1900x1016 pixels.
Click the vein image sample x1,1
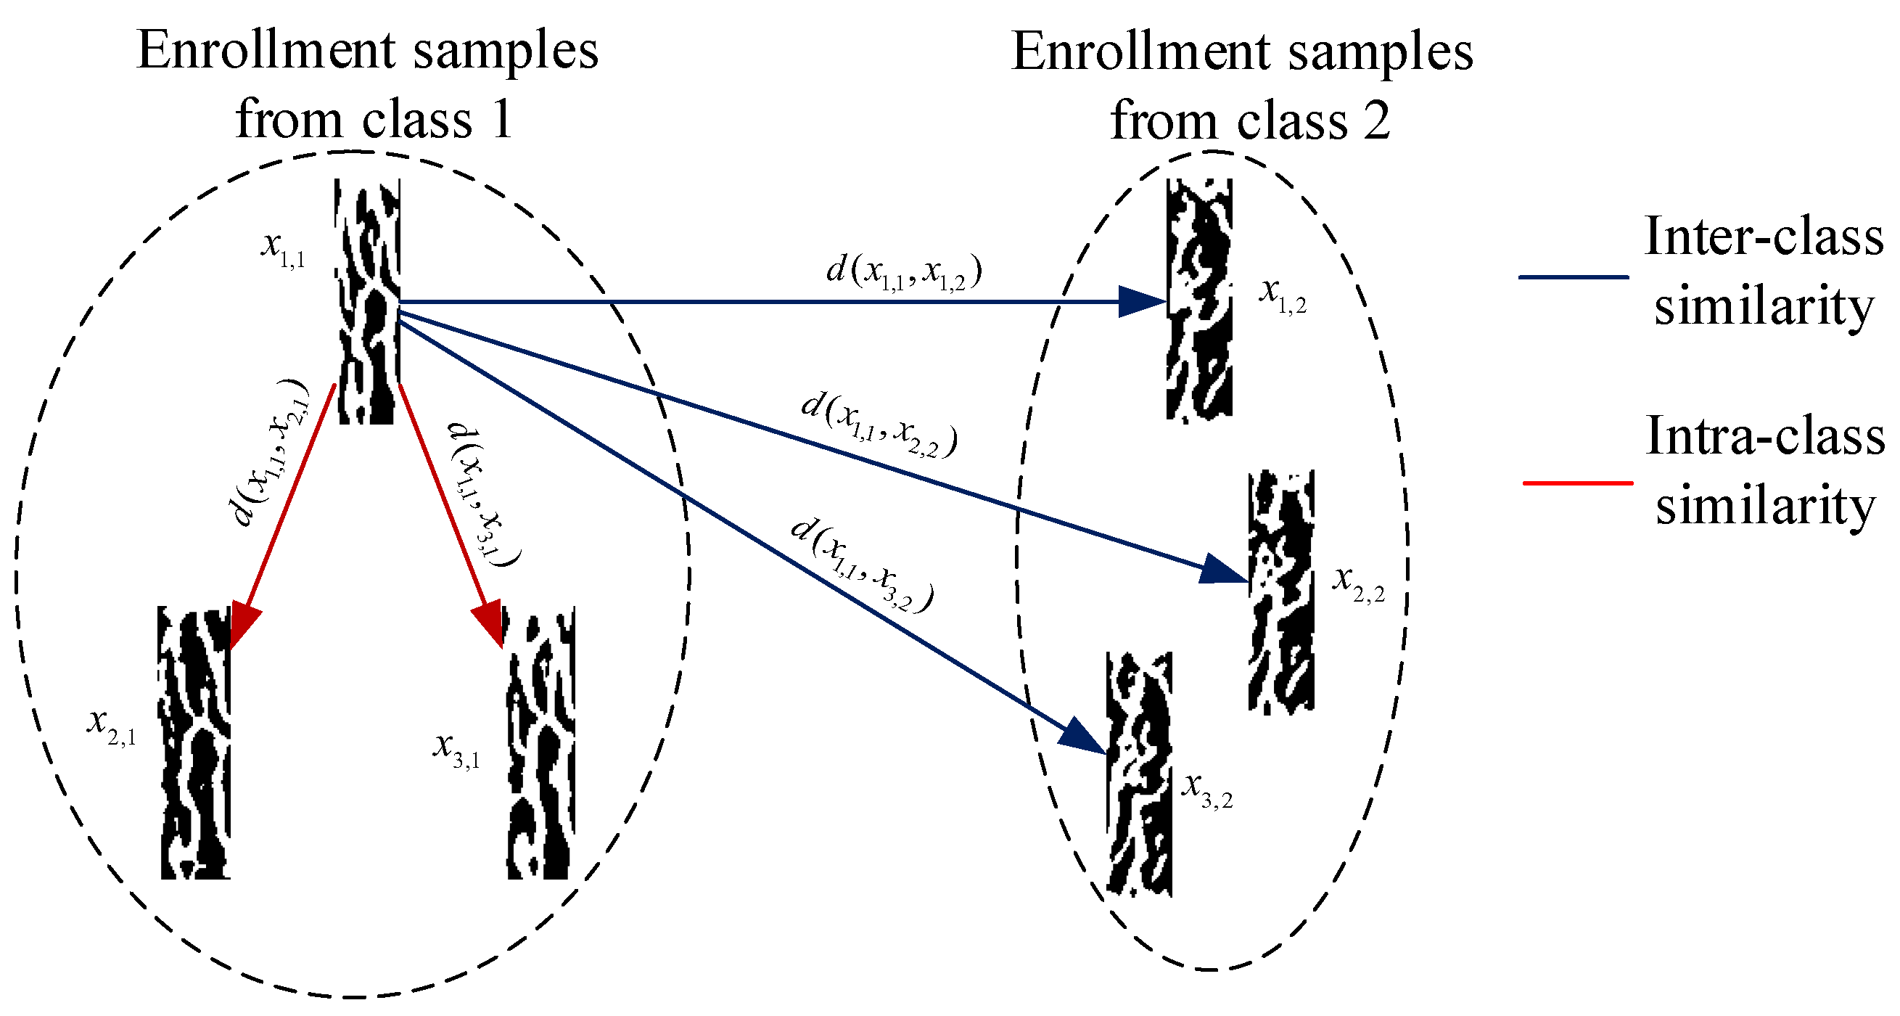tap(368, 301)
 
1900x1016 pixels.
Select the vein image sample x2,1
tap(194, 742)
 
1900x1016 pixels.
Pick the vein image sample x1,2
tap(1198, 299)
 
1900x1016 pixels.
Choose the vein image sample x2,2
tap(1281, 591)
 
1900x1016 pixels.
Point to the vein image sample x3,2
tap(1139, 774)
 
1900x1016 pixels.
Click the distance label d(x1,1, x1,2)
tap(903, 271)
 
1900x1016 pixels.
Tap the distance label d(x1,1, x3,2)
tap(861, 565)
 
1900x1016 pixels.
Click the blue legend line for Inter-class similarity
tap(1574, 276)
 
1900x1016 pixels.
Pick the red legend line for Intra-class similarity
tap(1578, 483)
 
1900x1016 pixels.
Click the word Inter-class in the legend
tap(1764, 237)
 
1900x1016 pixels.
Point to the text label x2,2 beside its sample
tap(1358, 583)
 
